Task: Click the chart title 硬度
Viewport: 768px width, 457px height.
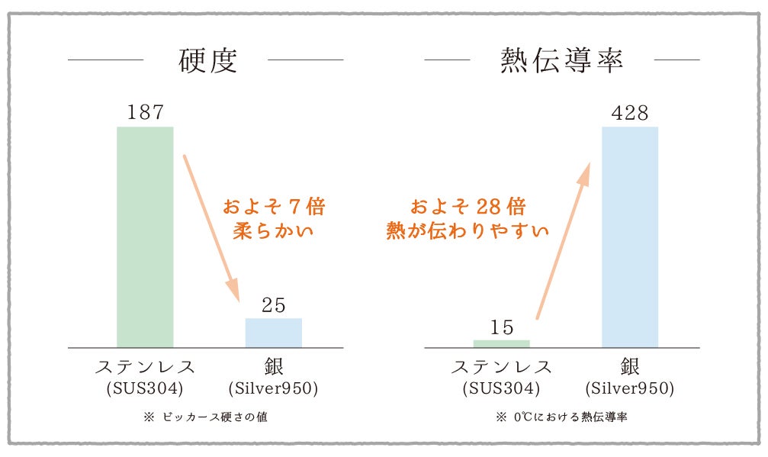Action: pos(207,60)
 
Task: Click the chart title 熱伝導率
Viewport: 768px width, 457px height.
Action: pos(562,60)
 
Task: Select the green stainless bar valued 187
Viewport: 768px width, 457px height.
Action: pos(145,237)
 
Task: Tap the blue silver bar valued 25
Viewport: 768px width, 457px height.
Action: pos(273,333)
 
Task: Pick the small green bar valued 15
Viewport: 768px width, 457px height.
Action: pos(501,343)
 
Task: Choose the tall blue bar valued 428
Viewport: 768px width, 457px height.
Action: pos(629,237)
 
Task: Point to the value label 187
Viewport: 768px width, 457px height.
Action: pos(145,113)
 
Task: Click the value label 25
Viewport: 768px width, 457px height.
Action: pos(273,305)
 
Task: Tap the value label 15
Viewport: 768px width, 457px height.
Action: pos(502,327)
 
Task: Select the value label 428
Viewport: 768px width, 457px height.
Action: pos(629,113)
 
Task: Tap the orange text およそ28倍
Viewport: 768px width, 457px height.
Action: pos(468,207)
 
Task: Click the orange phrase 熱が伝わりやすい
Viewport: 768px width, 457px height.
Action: pos(468,230)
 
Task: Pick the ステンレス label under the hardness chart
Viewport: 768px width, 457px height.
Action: pos(145,366)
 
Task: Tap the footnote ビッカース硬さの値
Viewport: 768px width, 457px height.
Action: pos(214,417)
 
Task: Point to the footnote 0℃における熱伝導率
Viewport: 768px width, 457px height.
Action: pos(568,417)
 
